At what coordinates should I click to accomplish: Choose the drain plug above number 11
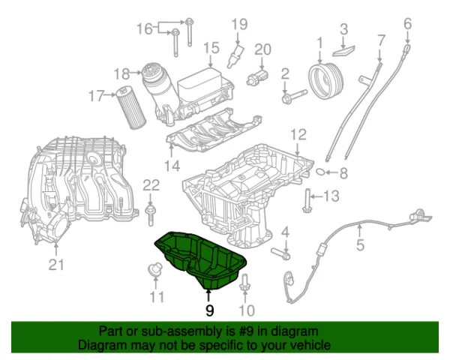pos(154,270)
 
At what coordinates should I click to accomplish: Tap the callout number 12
pos(298,135)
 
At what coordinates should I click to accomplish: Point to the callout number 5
pos(360,244)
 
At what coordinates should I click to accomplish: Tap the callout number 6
pos(407,24)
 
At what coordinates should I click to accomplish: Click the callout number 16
pos(144,29)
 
